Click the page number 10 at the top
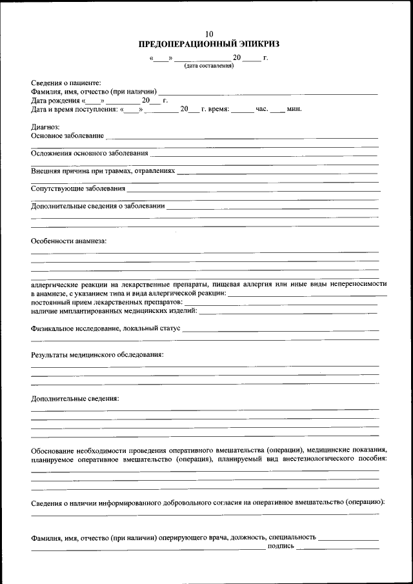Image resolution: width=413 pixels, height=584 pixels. pyautogui.click(x=208, y=34)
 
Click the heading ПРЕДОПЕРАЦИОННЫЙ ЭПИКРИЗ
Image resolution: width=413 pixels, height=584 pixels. pyautogui.click(x=208, y=44)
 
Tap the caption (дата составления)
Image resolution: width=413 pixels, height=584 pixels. pyautogui.click(x=208, y=66)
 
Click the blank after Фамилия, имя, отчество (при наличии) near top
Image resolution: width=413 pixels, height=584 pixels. pyautogui.click(x=268, y=93)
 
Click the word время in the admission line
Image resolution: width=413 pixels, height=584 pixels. pyautogui.click(x=219, y=109)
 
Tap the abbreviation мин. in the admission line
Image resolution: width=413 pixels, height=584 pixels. pyautogui.click(x=294, y=109)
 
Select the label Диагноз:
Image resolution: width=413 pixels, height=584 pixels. pyautogui.click(x=45, y=127)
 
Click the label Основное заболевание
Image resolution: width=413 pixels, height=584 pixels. pyautogui.click(x=67, y=136)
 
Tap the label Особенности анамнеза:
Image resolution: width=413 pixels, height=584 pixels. pyautogui.click(x=68, y=241)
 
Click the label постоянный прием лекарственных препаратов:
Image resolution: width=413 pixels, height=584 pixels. pyautogui.click(x=106, y=301)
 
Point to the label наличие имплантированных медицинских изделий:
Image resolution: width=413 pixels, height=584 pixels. pyautogui.click(x=114, y=311)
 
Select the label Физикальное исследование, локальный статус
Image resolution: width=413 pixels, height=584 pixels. pyautogui.click(x=106, y=329)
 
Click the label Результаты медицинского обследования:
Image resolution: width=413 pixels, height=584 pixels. pyautogui.click(x=97, y=355)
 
